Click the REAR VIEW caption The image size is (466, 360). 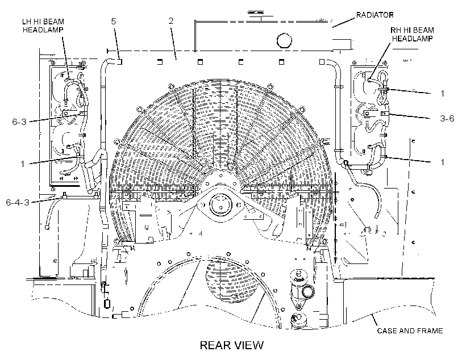point(231,345)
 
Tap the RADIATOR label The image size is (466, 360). point(375,15)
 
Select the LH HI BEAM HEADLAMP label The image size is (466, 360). point(43,26)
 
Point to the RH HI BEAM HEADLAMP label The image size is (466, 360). point(412,34)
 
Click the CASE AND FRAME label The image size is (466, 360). point(410,330)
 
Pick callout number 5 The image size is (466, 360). point(114,21)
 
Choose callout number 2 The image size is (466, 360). point(171,21)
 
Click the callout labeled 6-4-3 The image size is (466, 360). point(18,202)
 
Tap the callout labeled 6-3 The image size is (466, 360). point(19,122)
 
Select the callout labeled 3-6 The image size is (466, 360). point(447,118)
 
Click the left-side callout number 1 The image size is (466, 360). point(23,164)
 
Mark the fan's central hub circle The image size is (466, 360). point(220,204)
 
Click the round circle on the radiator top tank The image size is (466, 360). point(284,40)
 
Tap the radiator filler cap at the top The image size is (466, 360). point(256,14)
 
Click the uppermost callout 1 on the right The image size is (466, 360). point(442,94)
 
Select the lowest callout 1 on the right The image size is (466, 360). point(442,162)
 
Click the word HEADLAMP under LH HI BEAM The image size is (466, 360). point(43,30)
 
